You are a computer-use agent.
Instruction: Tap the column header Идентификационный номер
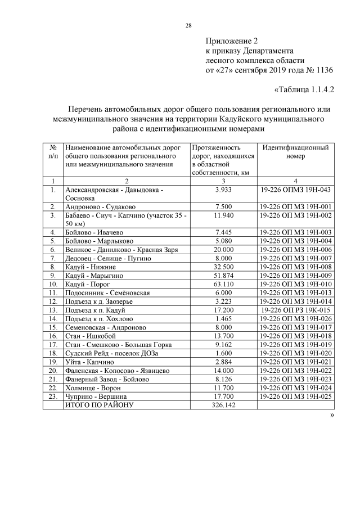(295, 152)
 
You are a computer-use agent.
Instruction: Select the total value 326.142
(224, 404)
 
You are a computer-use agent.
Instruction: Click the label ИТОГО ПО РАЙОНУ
(100, 404)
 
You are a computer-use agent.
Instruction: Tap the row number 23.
(52, 397)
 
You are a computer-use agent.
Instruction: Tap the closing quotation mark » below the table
(332, 415)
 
